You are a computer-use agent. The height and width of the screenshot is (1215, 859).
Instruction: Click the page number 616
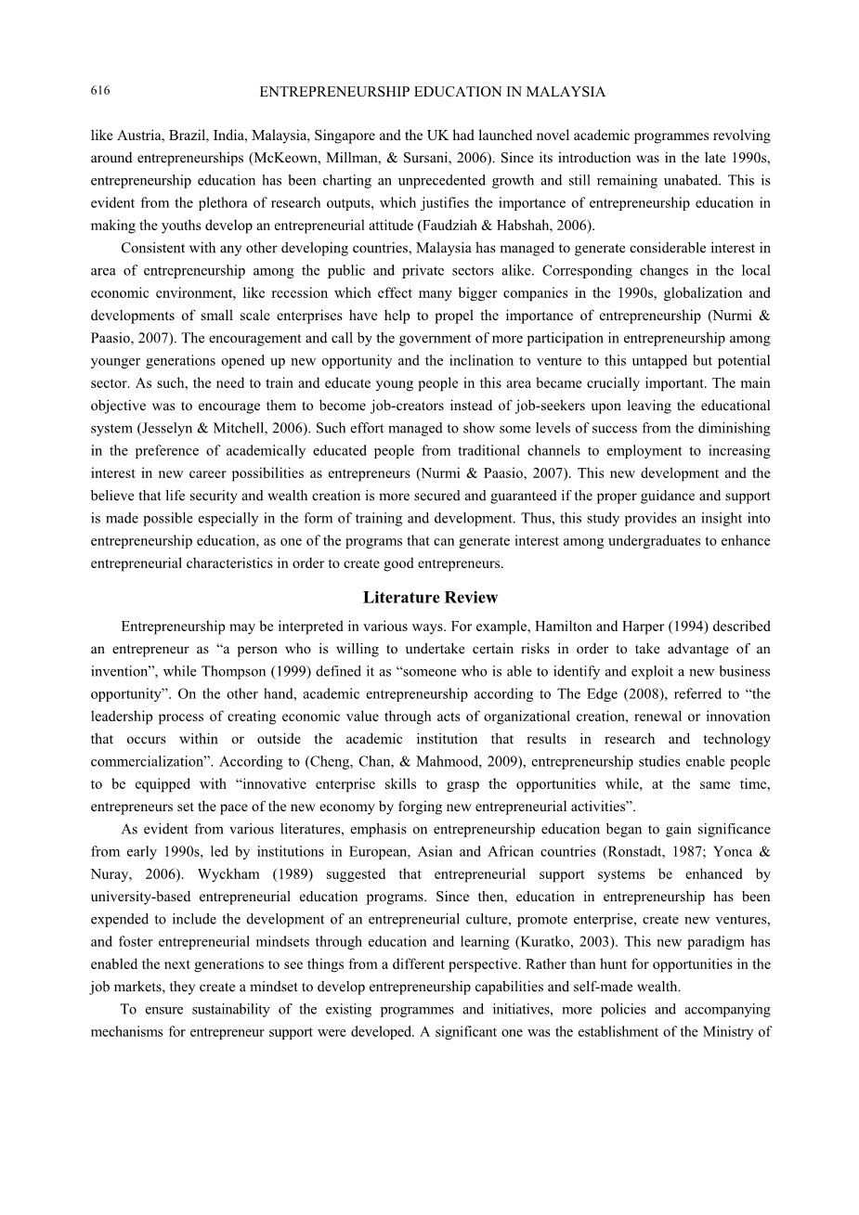(100, 90)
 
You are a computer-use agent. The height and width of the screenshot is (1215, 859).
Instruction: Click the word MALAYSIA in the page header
(566, 92)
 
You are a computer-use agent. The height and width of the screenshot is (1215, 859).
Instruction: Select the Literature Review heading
(430, 598)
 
